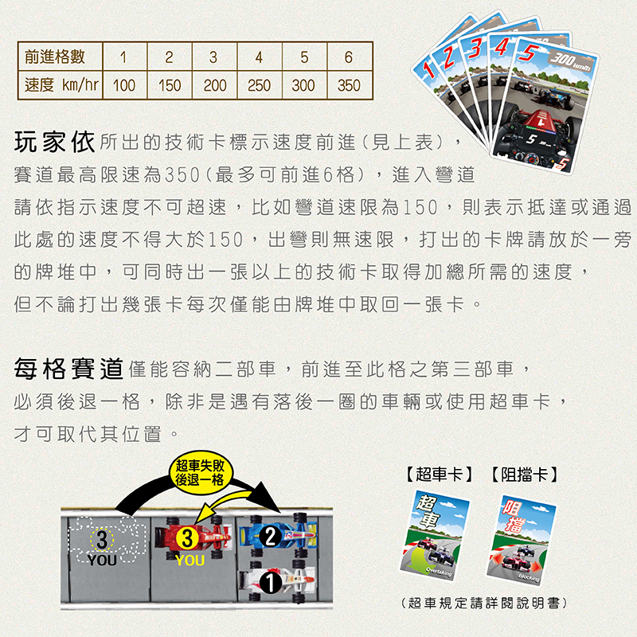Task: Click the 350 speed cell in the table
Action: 349,85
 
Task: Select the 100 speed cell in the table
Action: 124,85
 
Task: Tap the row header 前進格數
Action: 55,57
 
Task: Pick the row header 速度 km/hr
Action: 61,85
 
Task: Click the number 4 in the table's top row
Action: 259,57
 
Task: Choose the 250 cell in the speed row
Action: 260,85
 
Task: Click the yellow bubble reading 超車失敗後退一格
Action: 201,472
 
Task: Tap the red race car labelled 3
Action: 192,538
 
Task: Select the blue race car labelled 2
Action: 278,534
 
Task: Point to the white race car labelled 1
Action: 277,582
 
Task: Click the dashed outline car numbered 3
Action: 107,540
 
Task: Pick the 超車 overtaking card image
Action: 435,535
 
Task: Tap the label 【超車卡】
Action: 440,474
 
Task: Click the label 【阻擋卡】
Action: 525,474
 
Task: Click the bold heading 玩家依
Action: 54,142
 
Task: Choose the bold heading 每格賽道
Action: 68,369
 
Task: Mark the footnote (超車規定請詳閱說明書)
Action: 483,603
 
